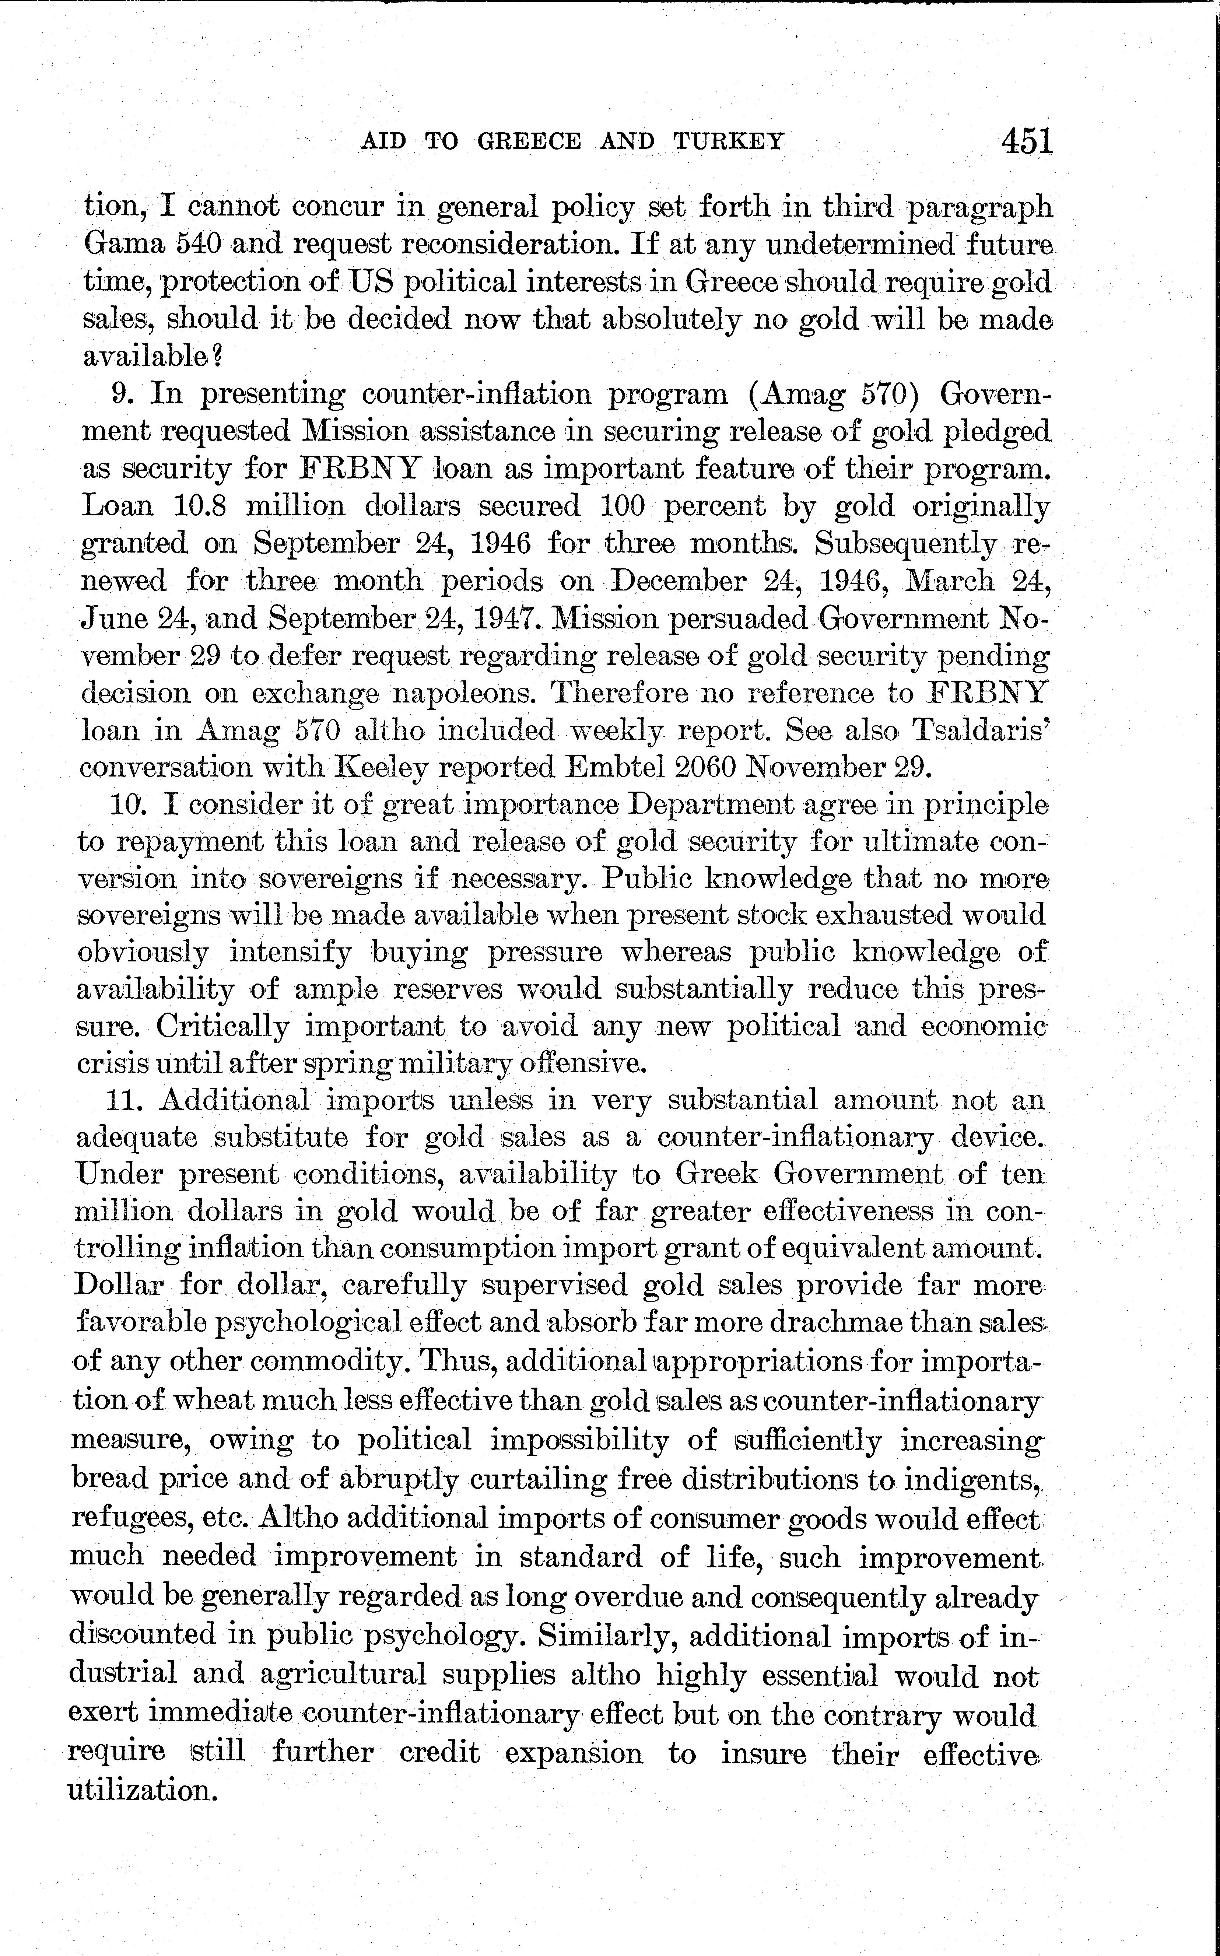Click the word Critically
(222, 1027)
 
